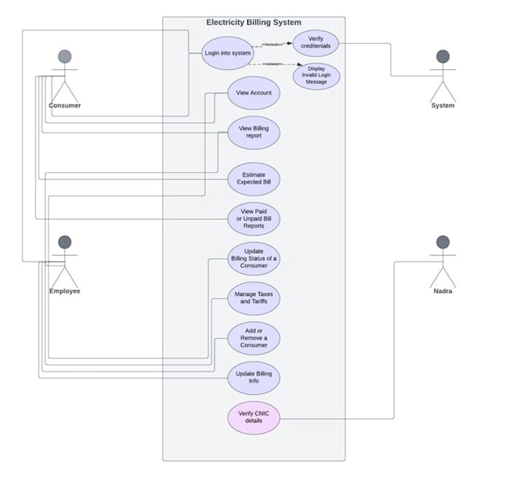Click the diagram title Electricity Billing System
[x=253, y=23]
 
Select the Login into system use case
[x=227, y=53]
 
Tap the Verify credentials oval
[x=316, y=43]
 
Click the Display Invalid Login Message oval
[x=316, y=76]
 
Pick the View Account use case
[x=254, y=93]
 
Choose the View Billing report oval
[x=254, y=132]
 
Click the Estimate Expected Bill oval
[x=254, y=180]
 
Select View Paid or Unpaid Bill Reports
[x=254, y=219]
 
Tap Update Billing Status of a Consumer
[x=254, y=259]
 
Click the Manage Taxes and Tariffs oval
[x=254, y=298]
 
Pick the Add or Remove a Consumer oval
[x=254, y=338]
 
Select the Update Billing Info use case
[x=254, y=377]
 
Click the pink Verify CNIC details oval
[x=254, y=418]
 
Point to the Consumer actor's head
[x=65, y=56]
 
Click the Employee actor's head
[x=65, y=242]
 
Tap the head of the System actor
[x=442, y=56]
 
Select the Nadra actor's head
[x=442, y=242]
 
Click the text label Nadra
[x=442, y=291]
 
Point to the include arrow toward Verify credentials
[x=273, y=44]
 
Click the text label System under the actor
[x=442, y=106]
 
